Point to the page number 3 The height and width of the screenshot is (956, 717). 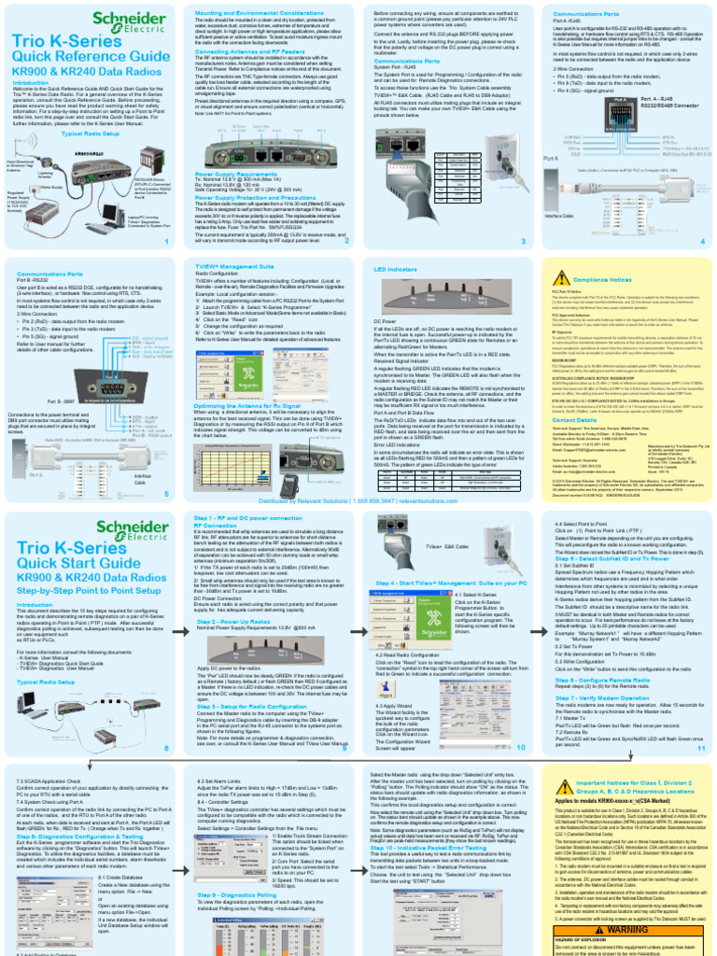[524, 241]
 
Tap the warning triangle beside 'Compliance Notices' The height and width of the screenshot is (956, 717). [562, 279]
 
